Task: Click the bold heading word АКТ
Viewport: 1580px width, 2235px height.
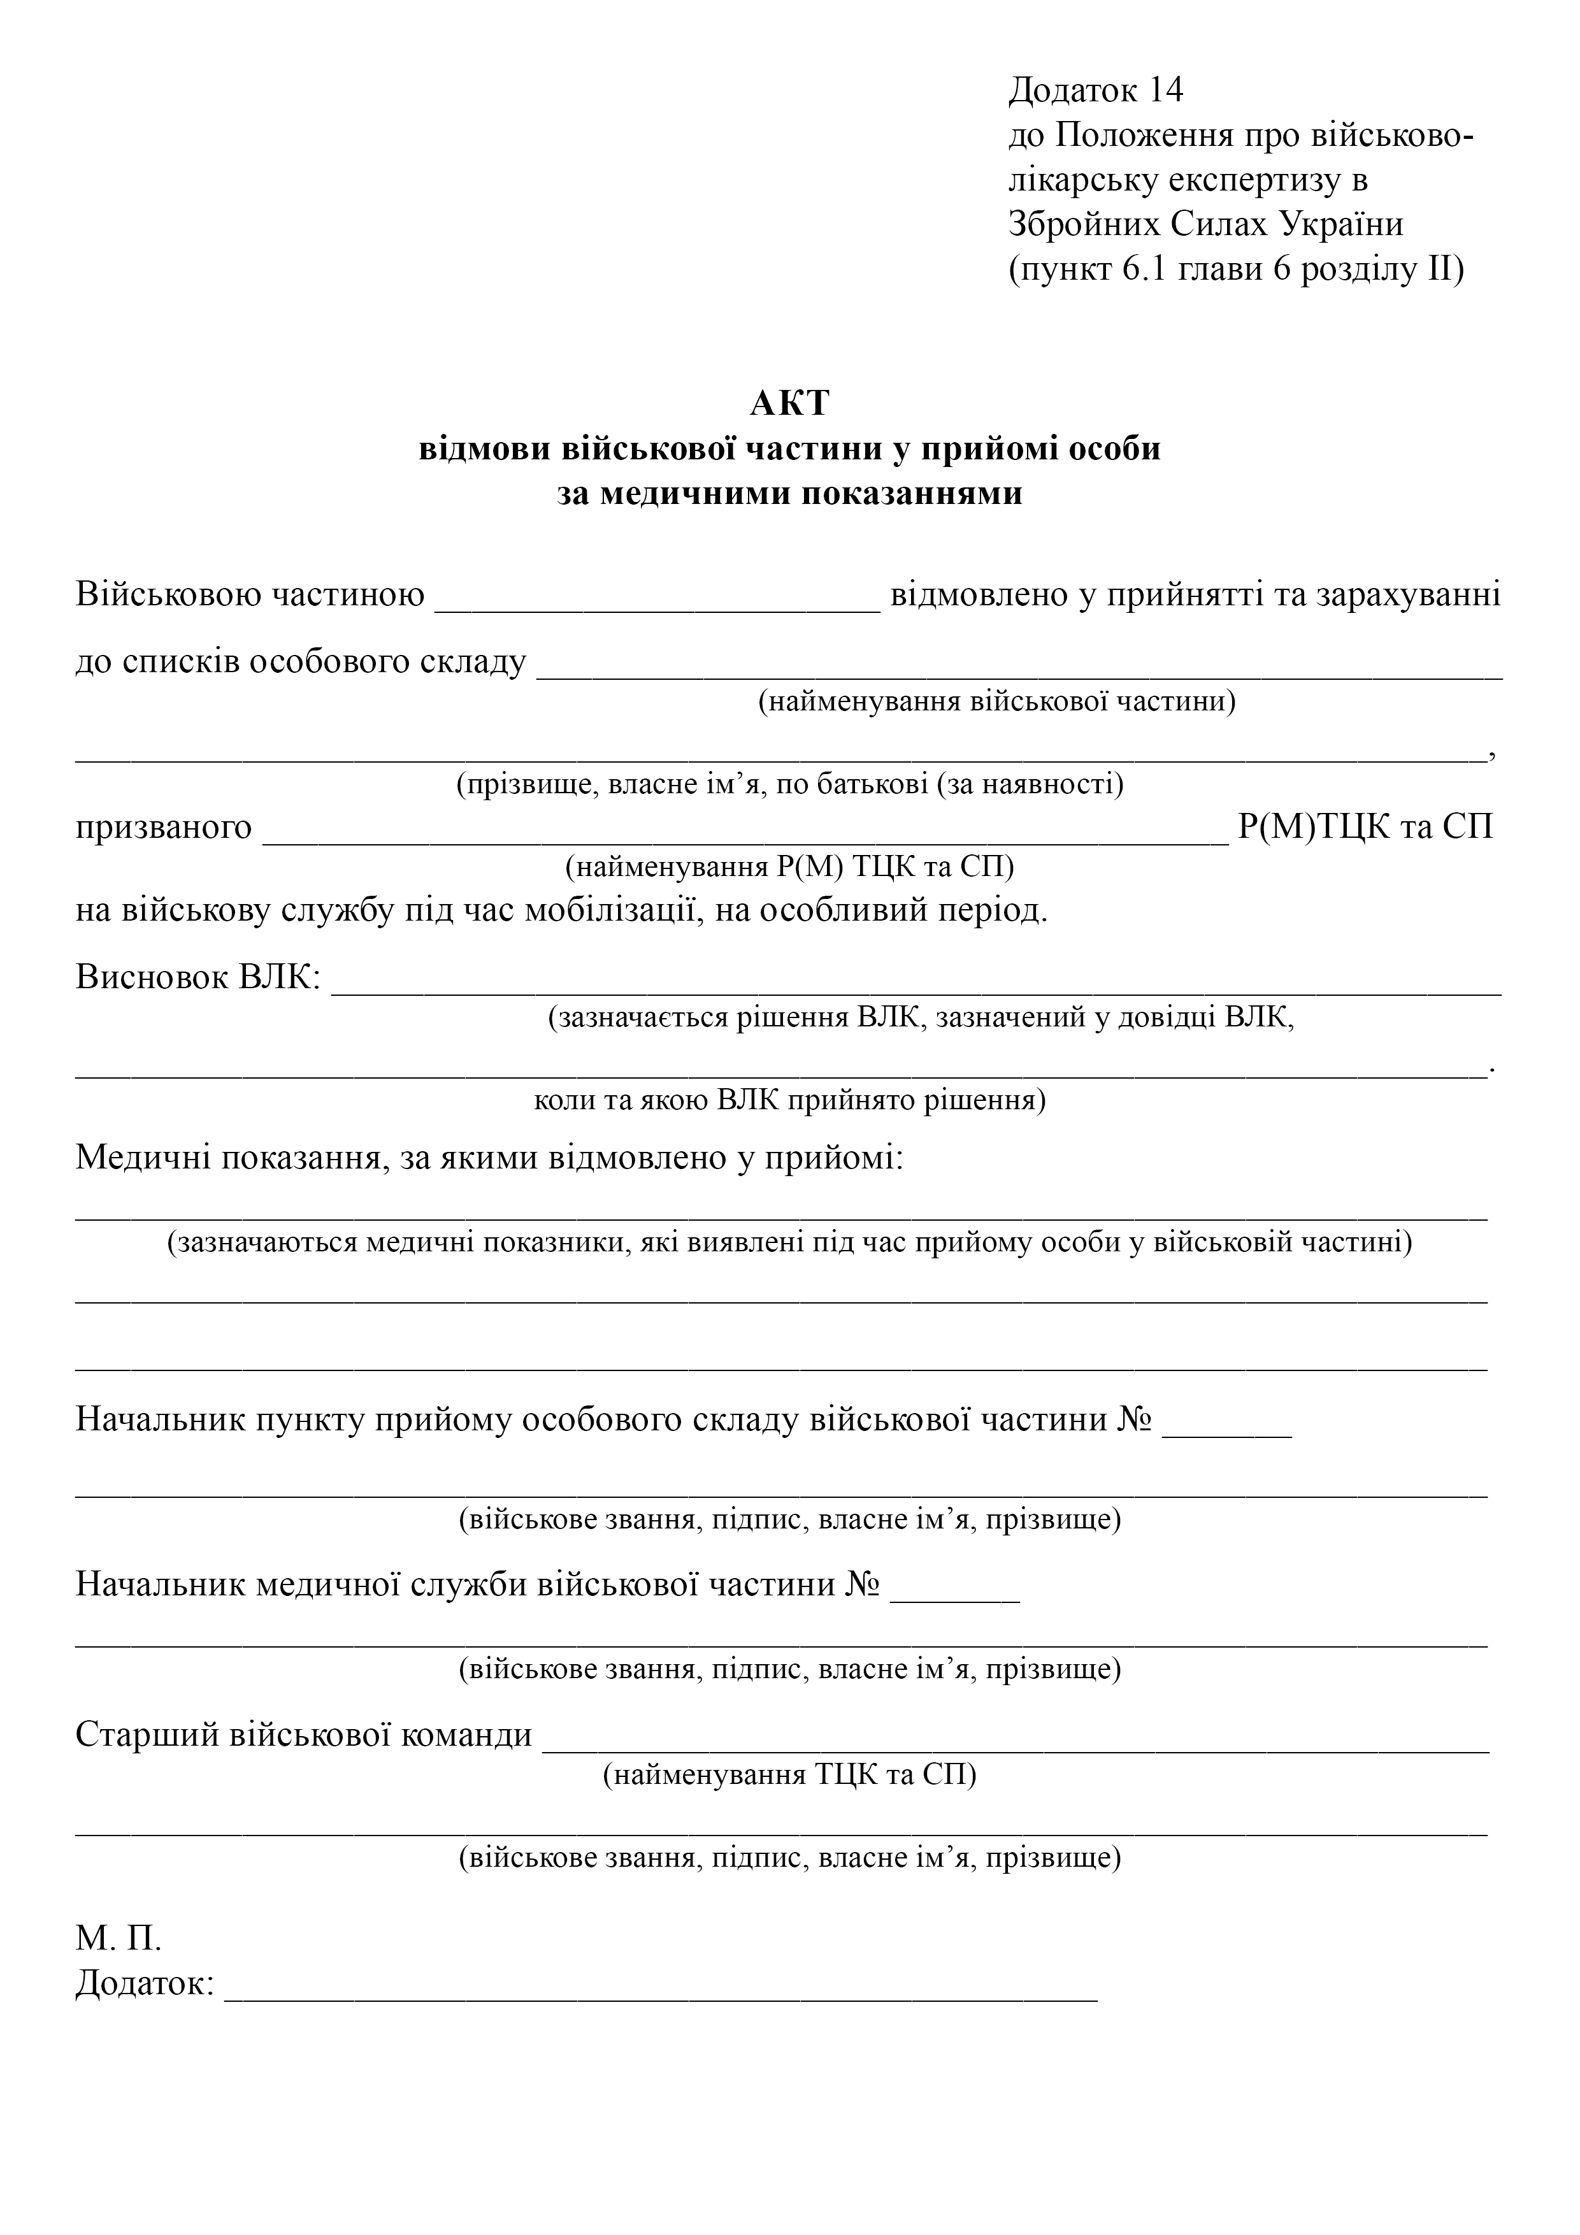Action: tap(789, 402)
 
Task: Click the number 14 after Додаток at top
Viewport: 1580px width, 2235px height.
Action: tap(1165, 90)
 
